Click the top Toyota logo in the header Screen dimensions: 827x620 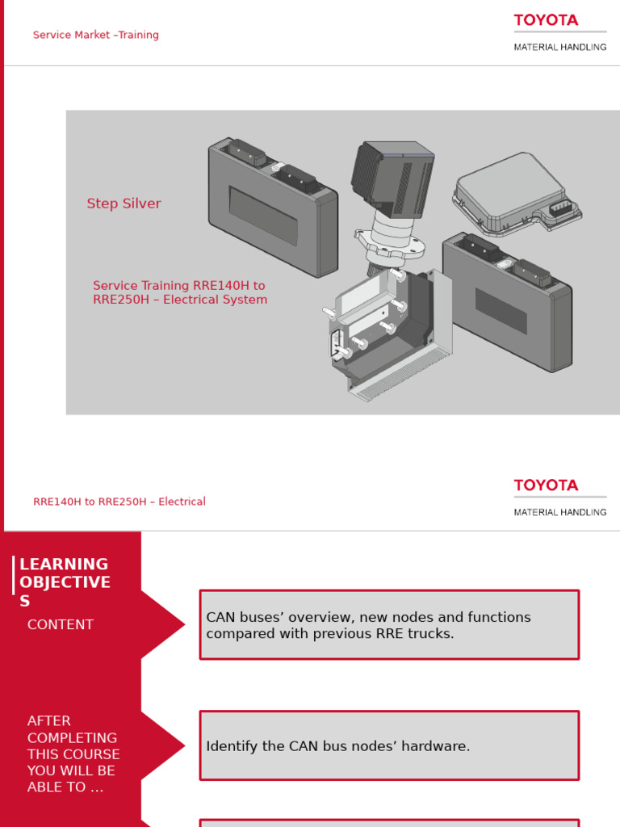coord(546,20)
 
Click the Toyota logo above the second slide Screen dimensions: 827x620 coord(546,485)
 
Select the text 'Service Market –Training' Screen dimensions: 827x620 coord(96,35)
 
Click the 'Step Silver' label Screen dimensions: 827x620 coord(124,204)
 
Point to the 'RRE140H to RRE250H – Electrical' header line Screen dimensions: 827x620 coord(119,502)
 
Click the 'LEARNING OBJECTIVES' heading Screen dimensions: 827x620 coord(65,582)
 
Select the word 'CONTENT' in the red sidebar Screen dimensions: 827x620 coord(61,624)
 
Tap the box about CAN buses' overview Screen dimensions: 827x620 coord(389,625)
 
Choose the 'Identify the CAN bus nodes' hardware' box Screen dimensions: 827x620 coord(389,746)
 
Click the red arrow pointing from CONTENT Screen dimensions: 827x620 coord(165,624)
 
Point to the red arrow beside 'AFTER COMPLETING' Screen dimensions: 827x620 coord(165,745)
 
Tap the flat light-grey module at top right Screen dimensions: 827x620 coord(509,192)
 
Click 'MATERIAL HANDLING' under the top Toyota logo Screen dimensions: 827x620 coord(560,48)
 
